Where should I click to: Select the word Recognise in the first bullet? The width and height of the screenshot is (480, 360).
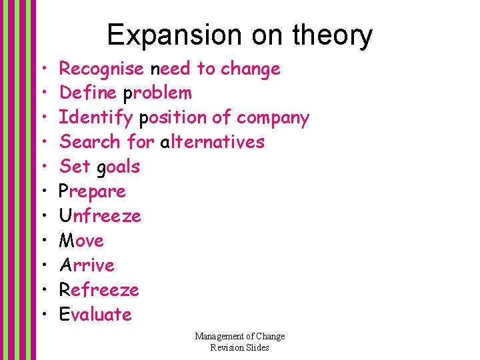tap(101, 69)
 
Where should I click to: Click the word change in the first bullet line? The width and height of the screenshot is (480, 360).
tap(250, 69)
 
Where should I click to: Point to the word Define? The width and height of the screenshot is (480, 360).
tap(87, 93)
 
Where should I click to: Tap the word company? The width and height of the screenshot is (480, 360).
tap(273, 119)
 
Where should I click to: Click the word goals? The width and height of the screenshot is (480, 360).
tap(119, 167)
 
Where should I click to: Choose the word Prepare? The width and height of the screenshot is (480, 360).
tap(92, 192)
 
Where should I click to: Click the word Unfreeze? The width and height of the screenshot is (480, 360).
tap(100, 216)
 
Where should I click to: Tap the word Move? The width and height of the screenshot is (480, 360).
tap(81, 241)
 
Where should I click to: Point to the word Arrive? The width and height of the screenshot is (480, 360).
tap(87, 265)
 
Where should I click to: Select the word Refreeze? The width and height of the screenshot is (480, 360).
tap(99, 290)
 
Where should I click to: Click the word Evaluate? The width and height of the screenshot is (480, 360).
tap(95, 315)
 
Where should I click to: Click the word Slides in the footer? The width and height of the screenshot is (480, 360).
tap(257, 347)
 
